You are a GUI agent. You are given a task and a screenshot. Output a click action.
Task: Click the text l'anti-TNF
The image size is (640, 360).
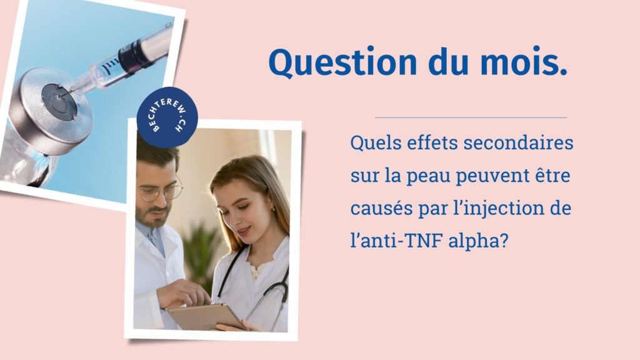(x=396, y=241)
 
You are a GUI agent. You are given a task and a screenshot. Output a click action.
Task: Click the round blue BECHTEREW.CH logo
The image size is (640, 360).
(x=167, y=117)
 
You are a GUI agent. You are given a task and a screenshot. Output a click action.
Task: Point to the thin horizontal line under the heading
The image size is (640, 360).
(x=471, y=117)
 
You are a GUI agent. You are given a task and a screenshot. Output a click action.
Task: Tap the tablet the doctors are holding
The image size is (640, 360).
(x=206, y=316)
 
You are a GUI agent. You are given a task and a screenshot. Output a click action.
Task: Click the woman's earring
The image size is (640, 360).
(x=273, y=209)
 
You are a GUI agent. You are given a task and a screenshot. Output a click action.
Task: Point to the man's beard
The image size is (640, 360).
(x=154, y=217)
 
